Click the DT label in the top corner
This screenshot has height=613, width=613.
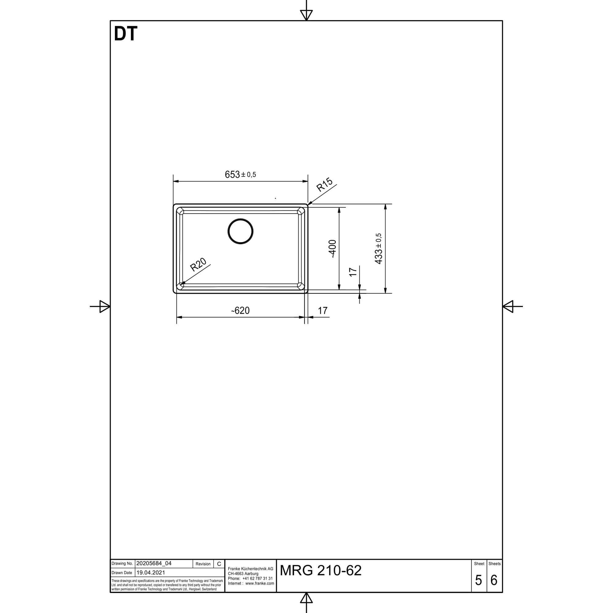coord(126,34)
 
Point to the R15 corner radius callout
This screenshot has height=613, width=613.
coord(325,185)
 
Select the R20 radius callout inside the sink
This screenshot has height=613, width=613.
coord(198,265)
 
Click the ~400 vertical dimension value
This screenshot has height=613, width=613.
coord(332,249)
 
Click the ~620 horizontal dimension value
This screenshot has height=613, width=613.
coord(240,310)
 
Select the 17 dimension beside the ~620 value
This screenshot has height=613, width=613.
coord(323,310)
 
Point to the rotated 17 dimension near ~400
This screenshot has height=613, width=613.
coord(353,272)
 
